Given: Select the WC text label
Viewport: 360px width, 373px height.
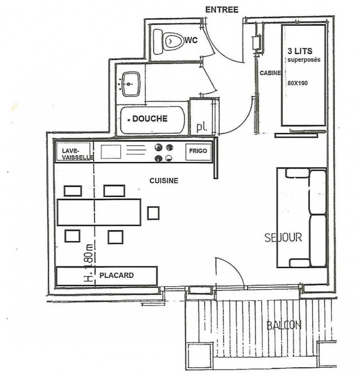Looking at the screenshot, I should coord(191,41).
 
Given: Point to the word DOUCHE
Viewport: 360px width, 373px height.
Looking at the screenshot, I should coord(150,119).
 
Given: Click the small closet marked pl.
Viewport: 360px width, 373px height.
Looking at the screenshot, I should coord(201,126).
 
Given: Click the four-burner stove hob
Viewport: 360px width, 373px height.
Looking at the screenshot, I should coord(163,153).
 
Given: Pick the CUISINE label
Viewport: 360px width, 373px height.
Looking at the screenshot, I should coord(163,181).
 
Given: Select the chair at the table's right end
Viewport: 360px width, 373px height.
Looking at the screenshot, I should coord(153,213).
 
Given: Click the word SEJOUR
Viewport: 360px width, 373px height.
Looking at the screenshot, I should coord(283,238).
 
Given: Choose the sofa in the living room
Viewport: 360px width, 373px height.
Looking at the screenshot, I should coord(301,217).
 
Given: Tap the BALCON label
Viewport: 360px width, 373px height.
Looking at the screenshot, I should coord(284,325).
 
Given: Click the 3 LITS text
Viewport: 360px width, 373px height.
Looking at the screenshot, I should coord(299,51).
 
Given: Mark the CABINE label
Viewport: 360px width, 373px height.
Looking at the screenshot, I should coord(271,73).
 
